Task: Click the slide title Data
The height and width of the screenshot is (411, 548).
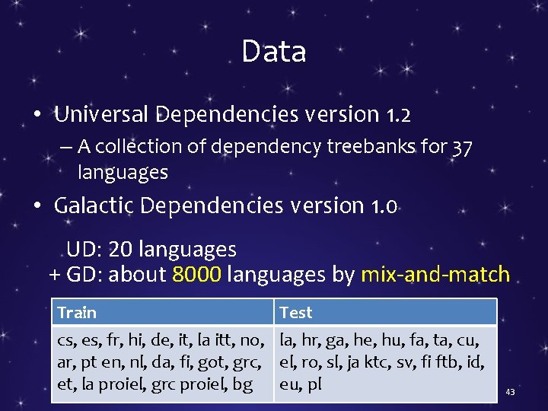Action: click(274, 52)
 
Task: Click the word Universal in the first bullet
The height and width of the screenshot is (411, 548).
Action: click(103, 115)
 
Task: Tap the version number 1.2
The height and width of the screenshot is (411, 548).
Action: click(398, 115)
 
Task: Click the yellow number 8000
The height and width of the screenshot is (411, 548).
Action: click(197, 275)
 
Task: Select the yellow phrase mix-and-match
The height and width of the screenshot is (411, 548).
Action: click(435, 275)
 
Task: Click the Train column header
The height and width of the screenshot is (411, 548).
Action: click(77, 313)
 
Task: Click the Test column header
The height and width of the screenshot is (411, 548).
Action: click(296, 313)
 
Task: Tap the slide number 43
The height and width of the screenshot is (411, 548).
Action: click(510, 392)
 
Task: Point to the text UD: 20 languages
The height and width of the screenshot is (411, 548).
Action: click(151, 250)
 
